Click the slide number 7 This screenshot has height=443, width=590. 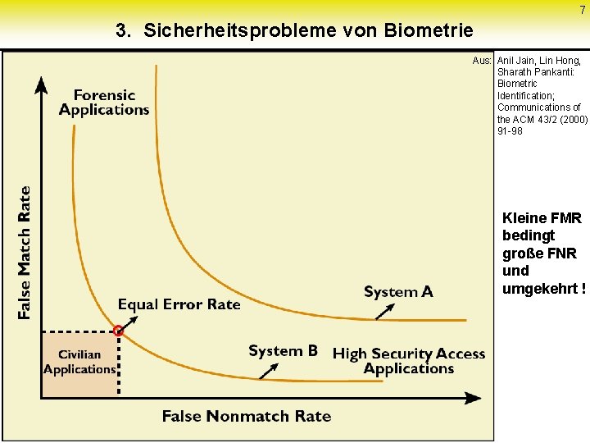pyautogui.click(x=583, y=10)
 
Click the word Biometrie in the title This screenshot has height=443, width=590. pyautogui.click(x=431, y=31)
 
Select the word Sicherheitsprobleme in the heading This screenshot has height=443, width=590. pyautogui.click(x=227, y=31)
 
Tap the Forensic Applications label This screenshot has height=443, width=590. pyautogui.click(x=104, y=103)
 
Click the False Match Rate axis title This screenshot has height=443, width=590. pyautogui.click(x=25, y=253)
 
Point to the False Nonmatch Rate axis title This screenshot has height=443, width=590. pyautogui.click(x=247, y=416)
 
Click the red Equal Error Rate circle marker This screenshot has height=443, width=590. pyautogui.click(x=119, y=331)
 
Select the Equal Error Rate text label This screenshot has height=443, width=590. pyautogui.click(x=179, y=304)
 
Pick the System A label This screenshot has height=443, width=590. pyautogui.click(x=398, y=292)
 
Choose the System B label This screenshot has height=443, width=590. pyautogui.click(x=283, y=351)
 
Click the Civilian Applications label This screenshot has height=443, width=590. pyautogui.click(x=79, y=362)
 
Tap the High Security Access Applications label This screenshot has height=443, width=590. pyautogui.click(x=409, y=361)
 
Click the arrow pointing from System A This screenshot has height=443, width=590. pyautogui.click(x=387, y=310)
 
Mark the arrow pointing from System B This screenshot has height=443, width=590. pyautogui.click(x=269, y=371)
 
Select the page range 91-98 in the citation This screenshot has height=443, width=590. pyautogui.click(x=510, y=131)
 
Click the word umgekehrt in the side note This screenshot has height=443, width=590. pyautogui.click(x=543, y=288)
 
